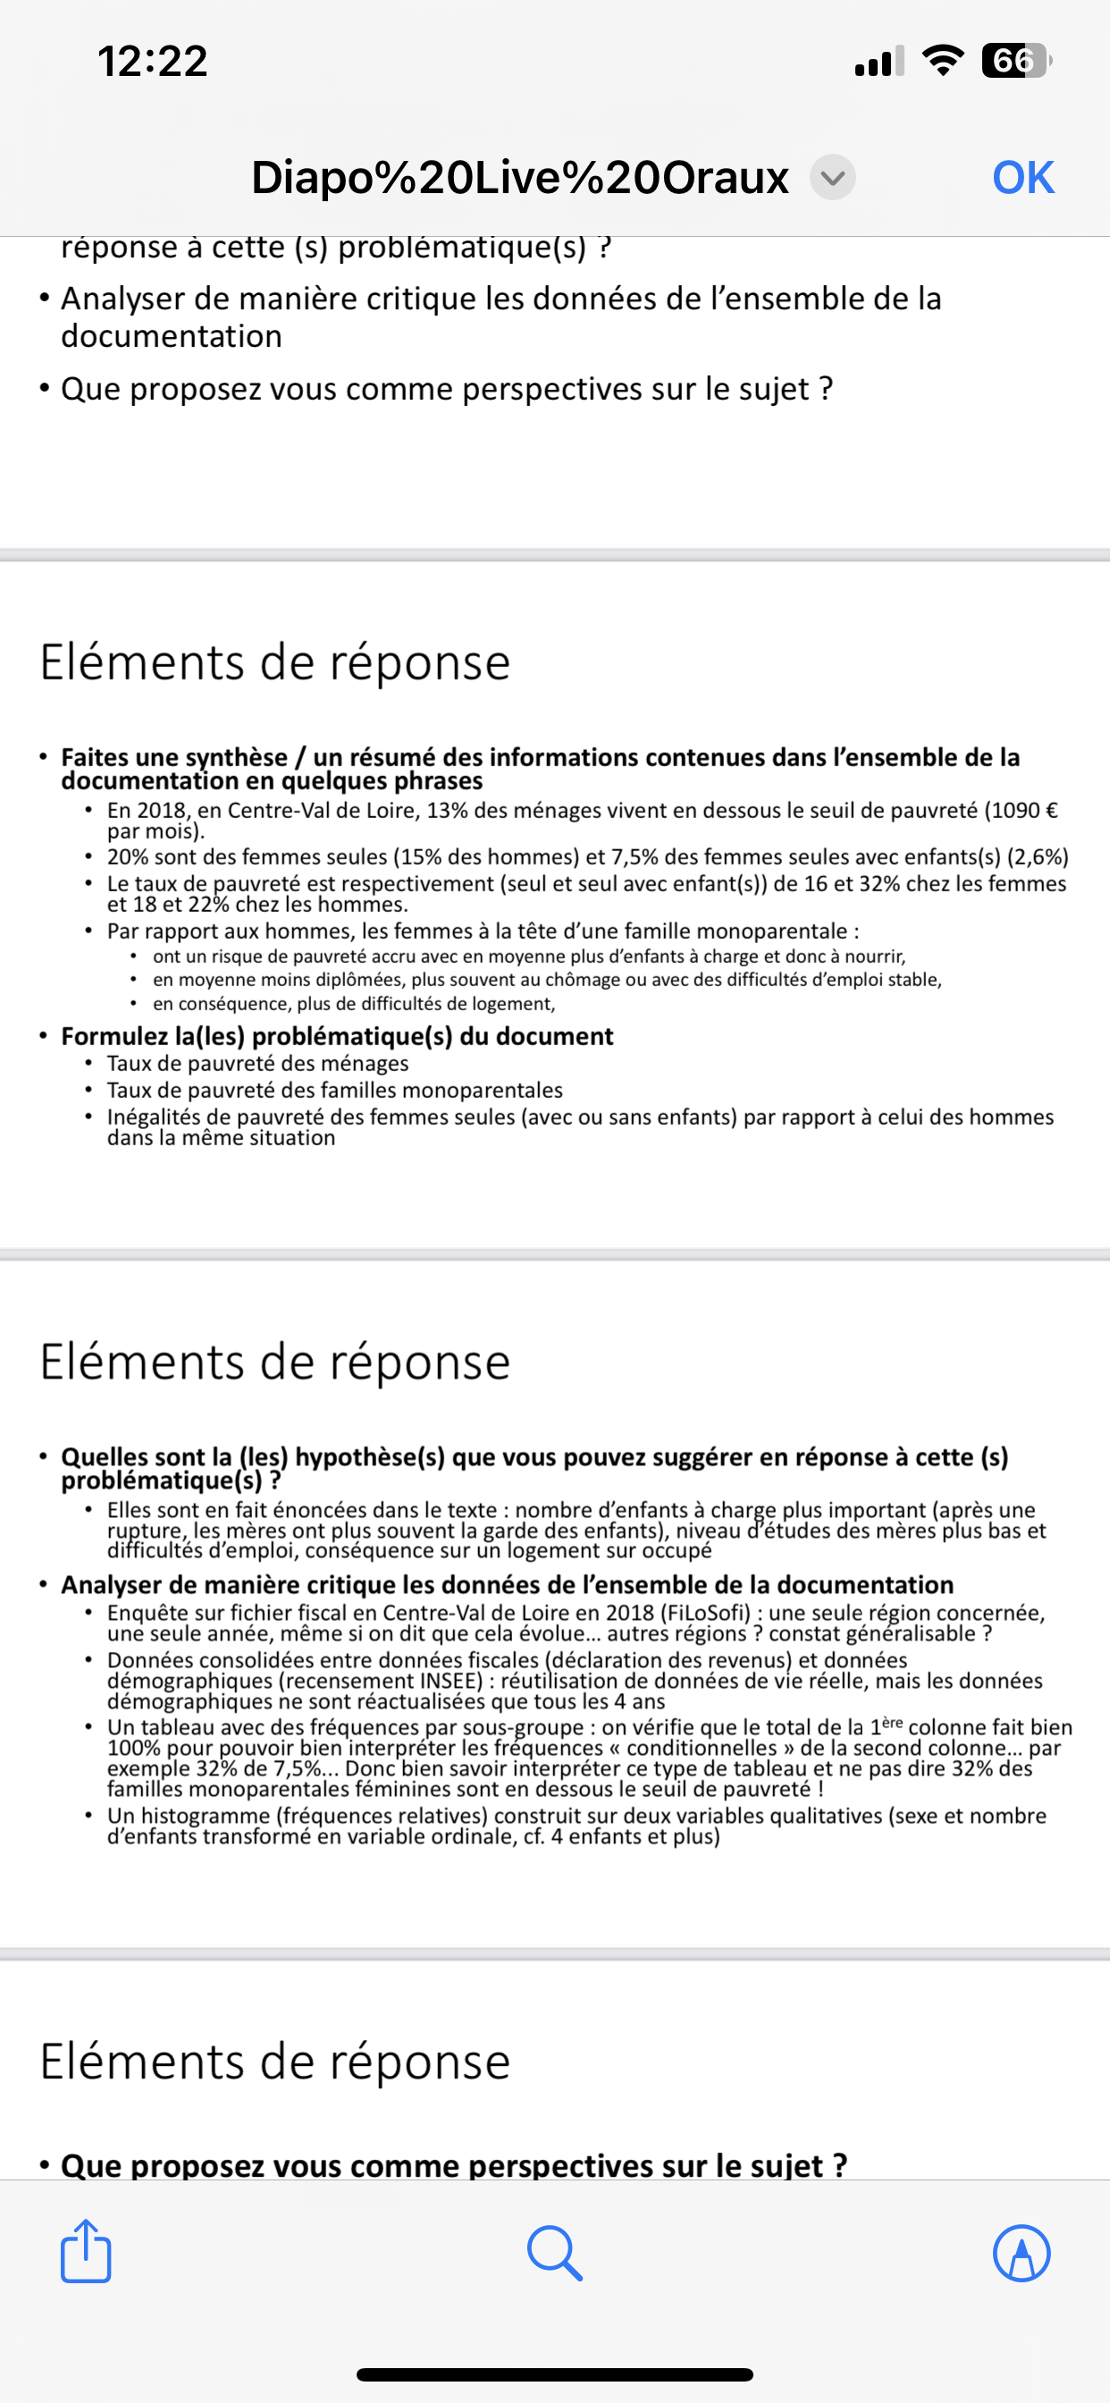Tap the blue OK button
[x=1022, y=177]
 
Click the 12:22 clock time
[x=153, y=62]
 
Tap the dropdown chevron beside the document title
[x=832, y=177]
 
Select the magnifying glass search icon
[x=555, y=2253]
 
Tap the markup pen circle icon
[x=1022, y=2253]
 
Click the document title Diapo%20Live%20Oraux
[x=519, y=177]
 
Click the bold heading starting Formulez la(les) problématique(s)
[x=337, y=1036]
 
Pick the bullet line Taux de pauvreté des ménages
[x=257, y=1064]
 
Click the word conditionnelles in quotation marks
[x=702, y=1747]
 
